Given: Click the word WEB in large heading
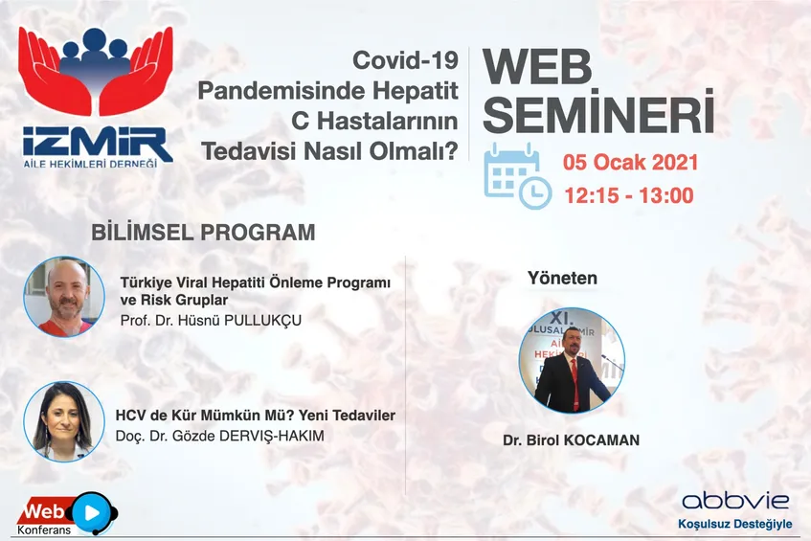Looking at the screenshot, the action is [x=537, y=67].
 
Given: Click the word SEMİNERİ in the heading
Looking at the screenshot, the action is [x=598, y=112].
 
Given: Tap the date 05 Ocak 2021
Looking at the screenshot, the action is [x=630, y=163].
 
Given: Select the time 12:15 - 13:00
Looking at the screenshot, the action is [x=629, y=195].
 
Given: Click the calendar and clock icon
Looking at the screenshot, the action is [x=517, y=177].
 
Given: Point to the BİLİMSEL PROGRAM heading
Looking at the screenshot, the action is [x=203, y=233].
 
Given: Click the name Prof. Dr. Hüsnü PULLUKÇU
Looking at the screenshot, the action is [x=211, y=320].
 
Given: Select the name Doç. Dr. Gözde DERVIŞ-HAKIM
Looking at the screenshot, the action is [x=220, y=436].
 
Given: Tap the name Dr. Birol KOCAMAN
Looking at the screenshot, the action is [x=571, y=440].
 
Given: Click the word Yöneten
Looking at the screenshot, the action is [x=562, y=279].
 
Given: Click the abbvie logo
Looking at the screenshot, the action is [x=735, y=501].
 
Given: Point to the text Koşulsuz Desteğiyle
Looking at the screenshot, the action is [x=735, y=524].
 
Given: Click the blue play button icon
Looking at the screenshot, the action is [x=92, y=512].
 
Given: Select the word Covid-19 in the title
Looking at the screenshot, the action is [x=406, y=60].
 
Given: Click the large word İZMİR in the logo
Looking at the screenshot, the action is [x=98, y=143].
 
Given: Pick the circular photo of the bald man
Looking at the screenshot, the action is [x=64, y=297].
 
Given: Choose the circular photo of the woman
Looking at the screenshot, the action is [x=64, y=421].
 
